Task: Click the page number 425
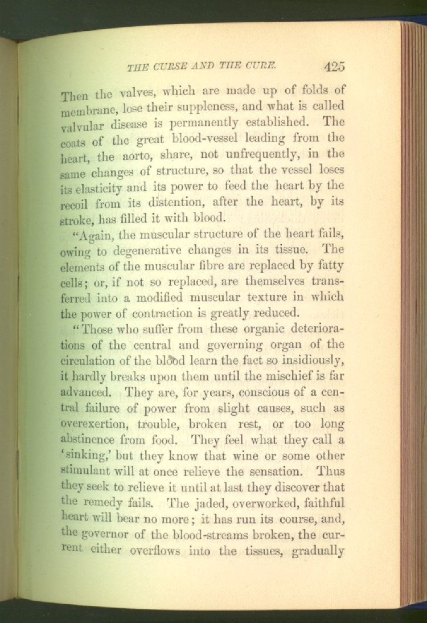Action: pyautogui.click(x=334, y=66)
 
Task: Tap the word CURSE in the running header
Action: pyautogui.click(x=172, y=67)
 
